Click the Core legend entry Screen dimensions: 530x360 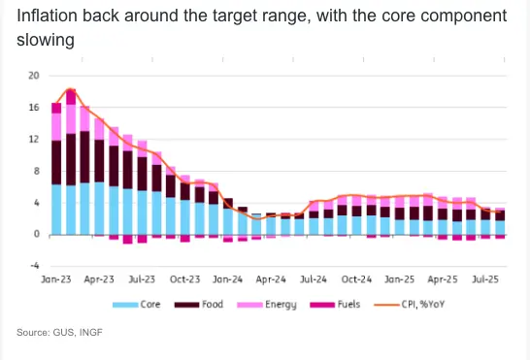point(137,305)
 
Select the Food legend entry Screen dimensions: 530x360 point(199,305)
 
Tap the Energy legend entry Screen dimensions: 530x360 point(267,305)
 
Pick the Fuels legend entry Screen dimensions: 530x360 point(335,305)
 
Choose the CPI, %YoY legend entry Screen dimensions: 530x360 point(409,305)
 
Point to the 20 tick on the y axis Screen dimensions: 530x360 point(34,76)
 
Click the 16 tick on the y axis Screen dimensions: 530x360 point(34,108)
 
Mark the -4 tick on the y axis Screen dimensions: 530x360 point(35,266)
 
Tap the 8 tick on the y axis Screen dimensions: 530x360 point(37,171)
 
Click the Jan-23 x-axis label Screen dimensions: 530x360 point(56,279)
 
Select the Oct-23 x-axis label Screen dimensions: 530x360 point(184,279)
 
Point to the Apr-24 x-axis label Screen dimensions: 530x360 point(271,279)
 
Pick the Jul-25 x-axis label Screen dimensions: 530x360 point(485,279)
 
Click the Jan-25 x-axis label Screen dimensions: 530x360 point(400,279)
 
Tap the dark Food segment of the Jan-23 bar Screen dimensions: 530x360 point(56,163)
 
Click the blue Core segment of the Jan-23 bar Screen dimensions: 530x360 point(56,210)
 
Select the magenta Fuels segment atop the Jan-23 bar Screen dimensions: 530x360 point(56,108)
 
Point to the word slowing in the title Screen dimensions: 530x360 point(46,40)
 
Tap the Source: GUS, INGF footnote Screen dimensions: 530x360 point(59,332)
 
